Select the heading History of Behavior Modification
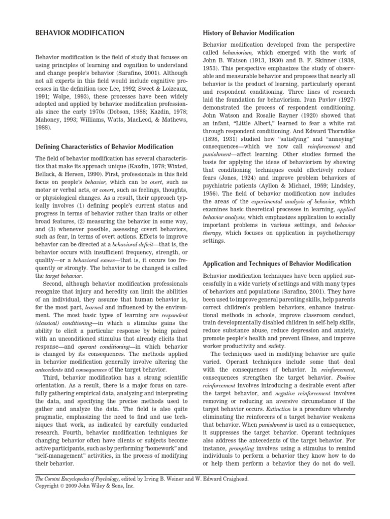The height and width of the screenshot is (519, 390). coord(248,33)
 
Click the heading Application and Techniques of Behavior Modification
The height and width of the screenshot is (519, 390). coord(277,264)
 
